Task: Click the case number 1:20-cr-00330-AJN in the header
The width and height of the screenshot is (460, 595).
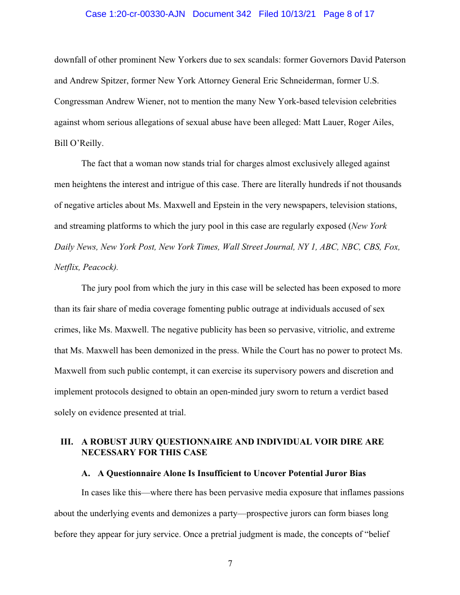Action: click(136, 14)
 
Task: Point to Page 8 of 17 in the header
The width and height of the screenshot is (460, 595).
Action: click(349, 14)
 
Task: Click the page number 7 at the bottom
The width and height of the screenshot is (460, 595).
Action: click(230, 563)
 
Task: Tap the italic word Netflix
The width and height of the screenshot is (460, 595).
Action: click(67, 268)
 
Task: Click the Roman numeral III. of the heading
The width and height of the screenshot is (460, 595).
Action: click(67, 442)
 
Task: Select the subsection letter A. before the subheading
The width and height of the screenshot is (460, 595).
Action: click(86, 473)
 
